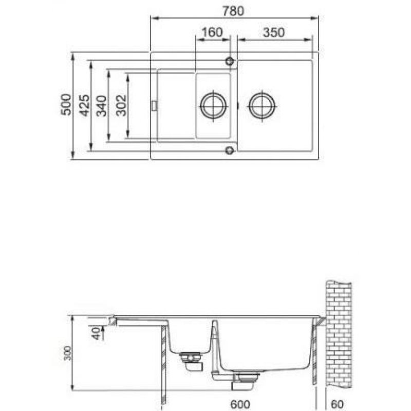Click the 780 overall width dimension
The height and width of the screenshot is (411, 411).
[233, 11]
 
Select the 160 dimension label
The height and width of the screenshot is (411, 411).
[212, 32]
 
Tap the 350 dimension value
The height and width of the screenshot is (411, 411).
[274, 32]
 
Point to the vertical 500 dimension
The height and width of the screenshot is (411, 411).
[66, 104]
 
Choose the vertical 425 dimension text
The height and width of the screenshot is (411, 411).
[85, 105]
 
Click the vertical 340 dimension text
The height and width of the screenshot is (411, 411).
[101, 106]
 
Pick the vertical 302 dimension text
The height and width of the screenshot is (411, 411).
[121, 105]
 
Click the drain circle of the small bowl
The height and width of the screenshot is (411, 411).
[213, 106]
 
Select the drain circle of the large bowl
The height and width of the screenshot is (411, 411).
[262, 106]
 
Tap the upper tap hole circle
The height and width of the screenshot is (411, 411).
[230, 61]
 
